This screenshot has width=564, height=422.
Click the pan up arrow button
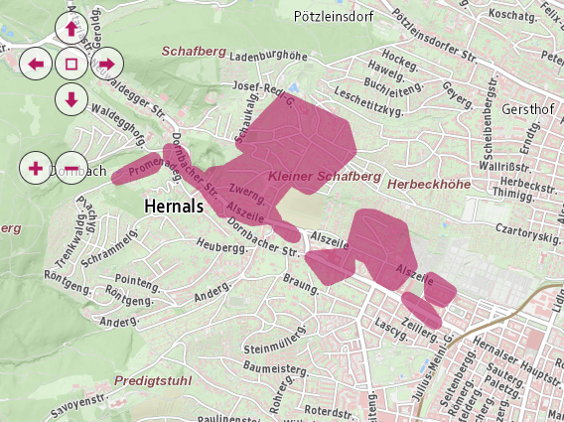click(71, 29)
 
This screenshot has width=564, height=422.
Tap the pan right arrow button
click(105, 65)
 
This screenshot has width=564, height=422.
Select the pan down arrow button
click(71, 98)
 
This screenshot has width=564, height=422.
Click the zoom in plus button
click(37, 167)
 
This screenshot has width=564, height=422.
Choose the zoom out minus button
click(71, 167)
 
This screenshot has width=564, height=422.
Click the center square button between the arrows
click(71, 65)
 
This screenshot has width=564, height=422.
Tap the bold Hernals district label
click(173, 206)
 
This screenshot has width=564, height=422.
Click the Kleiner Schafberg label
click(325, 176)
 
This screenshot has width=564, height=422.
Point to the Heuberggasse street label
click(221, 245)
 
